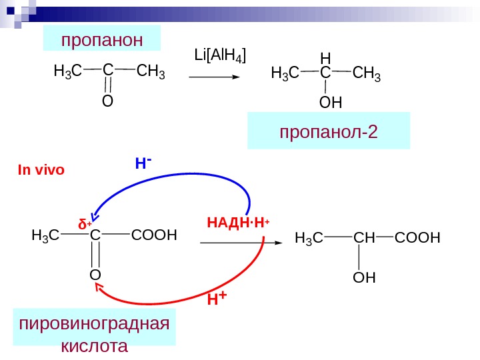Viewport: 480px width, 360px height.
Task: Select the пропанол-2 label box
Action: coord(329,131)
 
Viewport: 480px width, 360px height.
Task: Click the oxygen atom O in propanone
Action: coord(107,102)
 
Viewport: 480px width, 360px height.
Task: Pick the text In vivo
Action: coord(41,169)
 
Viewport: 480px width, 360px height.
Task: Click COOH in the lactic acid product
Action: coord(417,238)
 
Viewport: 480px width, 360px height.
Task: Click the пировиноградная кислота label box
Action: coord(94,335)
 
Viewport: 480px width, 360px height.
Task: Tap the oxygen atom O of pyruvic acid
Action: coord(95,275)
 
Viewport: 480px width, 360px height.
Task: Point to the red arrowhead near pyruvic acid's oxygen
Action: coord(100,286)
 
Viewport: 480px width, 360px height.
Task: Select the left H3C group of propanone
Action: coord(67,71)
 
